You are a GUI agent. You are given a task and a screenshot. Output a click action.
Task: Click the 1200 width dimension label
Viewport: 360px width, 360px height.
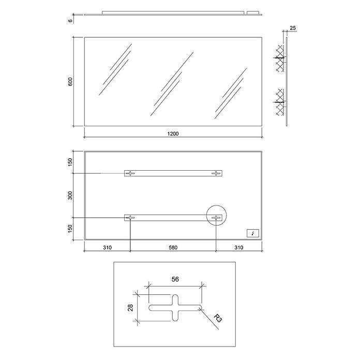173,133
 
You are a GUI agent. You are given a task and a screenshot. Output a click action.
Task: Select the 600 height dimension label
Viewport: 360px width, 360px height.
70,82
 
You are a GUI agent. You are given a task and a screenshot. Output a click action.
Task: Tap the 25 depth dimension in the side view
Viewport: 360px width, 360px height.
293,28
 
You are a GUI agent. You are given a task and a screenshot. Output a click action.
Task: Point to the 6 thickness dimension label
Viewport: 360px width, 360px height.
70,21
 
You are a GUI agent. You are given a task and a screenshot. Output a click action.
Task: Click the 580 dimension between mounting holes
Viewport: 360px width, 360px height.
173,247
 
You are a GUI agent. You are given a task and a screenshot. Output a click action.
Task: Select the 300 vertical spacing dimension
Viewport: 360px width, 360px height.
70,195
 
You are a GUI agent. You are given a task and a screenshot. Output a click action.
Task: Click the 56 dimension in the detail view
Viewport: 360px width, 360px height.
175,279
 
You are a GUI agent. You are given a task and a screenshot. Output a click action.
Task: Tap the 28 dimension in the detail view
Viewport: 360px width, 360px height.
130,308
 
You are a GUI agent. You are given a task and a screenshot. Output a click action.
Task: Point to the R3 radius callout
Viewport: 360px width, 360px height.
218,318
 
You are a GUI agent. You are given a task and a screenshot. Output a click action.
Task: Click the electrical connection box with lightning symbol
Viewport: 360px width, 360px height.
253,233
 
